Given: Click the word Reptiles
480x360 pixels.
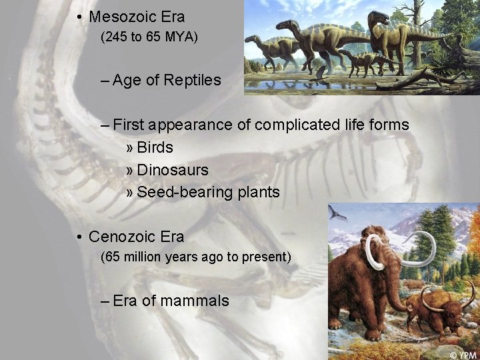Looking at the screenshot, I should [192, 81].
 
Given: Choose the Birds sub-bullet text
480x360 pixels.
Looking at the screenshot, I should [155, 147].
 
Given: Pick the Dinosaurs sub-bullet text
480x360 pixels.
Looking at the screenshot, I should [172, 170].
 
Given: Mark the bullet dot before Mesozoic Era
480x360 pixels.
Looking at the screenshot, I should [79, 17].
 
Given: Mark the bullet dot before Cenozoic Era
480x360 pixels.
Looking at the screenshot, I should [79, 237].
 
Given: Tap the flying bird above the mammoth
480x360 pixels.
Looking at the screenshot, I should [337, 213].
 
